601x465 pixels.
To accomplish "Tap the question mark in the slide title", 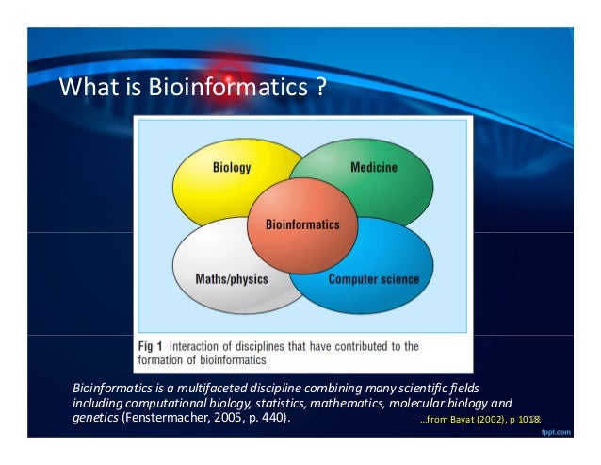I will (320, 89).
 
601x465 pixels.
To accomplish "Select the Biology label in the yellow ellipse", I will (232, 168).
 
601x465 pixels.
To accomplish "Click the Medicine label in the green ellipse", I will (373, 167).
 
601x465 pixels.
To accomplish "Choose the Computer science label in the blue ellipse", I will (373, 279).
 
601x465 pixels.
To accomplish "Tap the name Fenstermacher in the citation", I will (171, 417).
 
